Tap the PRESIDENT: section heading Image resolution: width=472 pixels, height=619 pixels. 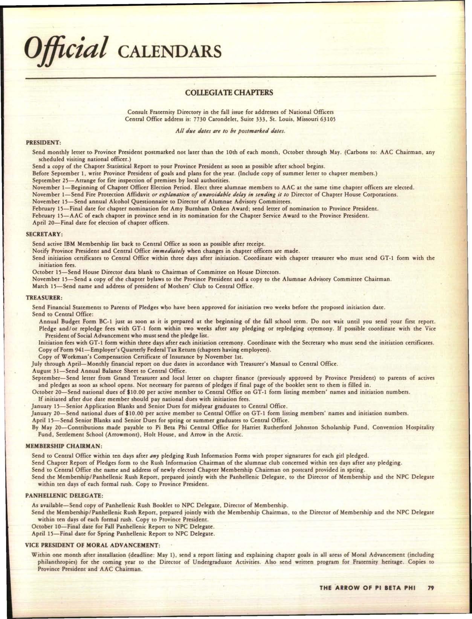point(43,143)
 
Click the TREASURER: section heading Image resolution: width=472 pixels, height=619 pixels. point(43,298)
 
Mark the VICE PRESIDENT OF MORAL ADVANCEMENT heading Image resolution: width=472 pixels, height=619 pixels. point(93,545)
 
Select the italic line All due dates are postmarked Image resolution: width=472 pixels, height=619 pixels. point(229,131)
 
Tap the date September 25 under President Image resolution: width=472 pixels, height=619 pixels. point(50,180)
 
